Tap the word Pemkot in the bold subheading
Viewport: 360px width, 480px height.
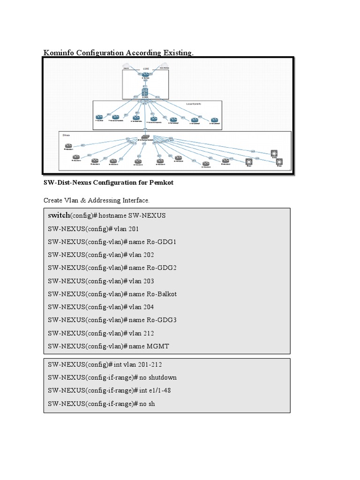pos(162,182)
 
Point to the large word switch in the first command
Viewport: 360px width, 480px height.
pos(59,215)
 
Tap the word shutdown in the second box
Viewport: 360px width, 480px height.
pos(162,377)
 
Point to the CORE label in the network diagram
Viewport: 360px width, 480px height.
pos(145,68)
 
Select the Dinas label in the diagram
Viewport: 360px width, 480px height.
pos(66,134)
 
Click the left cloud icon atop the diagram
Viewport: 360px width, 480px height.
pos(127,66)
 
